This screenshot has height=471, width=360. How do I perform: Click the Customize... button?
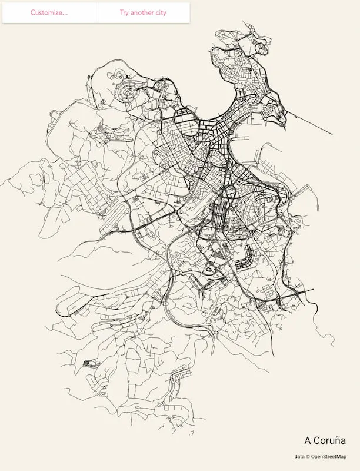pos(49,12)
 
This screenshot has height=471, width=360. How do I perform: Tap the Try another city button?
pos(143,12)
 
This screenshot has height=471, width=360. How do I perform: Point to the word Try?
pos(125,12)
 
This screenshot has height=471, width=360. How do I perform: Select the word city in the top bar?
pos(160,12)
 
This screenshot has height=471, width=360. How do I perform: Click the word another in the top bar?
pos(142,12)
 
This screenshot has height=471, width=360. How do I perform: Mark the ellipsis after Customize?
pos(64,14)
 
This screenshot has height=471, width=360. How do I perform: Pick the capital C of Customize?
pos(33,12)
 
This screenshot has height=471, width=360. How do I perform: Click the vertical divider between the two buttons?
pos(96,12)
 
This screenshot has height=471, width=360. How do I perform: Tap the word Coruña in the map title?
pos(330,440)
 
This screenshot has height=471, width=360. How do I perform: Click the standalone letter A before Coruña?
pos(308,440)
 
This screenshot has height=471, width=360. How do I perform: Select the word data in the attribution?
pos(300,456)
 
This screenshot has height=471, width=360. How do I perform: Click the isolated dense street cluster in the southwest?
pos(90,364)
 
